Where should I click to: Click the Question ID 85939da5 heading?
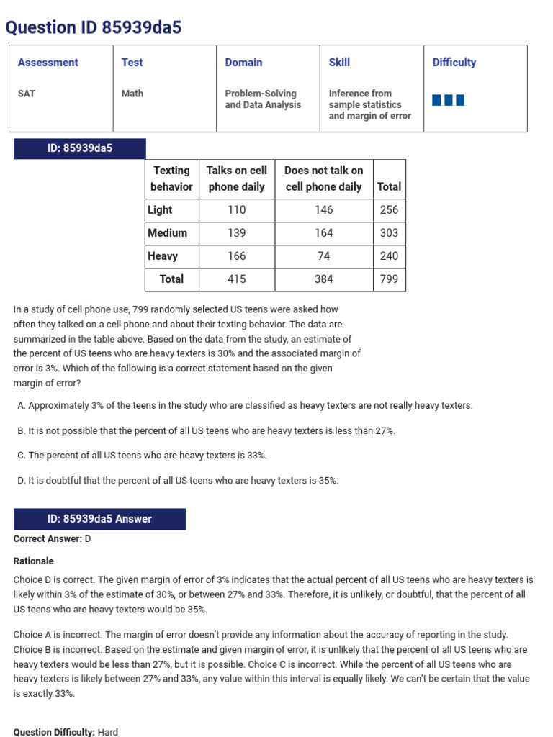coord(94,27)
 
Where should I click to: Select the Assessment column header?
coord(48,63)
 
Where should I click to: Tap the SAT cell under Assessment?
coord(27,94)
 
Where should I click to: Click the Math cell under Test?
coord(132,94)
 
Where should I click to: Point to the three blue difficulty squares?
coord(448,100)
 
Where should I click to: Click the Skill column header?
coord(339,63)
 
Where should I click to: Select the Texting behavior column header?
coord(171,178)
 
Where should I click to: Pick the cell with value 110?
coord(236,210)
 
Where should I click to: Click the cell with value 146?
coord(323,210)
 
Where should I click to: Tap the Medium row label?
coord(167,233)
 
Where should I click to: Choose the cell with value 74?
coord(323,256)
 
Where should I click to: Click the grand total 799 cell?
coord(389,279)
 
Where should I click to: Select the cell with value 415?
coord(236,279)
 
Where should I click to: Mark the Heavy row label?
coord(163,256)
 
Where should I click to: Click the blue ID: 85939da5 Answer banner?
coord(99,519)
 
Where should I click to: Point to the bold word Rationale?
coord(33,561)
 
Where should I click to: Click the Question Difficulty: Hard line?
coord(65,732)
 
